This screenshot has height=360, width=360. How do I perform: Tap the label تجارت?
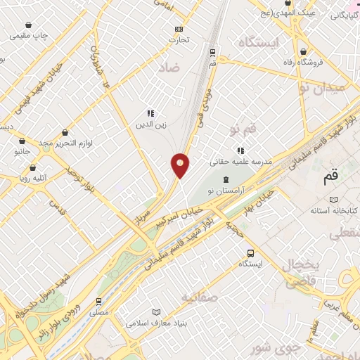pyautogui.click(x=179, y=40)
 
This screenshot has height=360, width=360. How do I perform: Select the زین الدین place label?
pyautogui.click(x=150, y=124)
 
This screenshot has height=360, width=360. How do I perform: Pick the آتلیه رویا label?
pyautogui.click(x=33, y=179)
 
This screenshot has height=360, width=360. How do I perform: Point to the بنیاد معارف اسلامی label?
pyautogui.click(x=155, y=323)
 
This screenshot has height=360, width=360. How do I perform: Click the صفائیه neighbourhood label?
pyautogui.click(x=200, y=297)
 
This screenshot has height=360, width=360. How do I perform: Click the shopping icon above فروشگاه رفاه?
pyautogui.click(x=303, y=51)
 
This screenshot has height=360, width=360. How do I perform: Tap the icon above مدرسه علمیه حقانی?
pyautogui.click(x=240, y=150)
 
